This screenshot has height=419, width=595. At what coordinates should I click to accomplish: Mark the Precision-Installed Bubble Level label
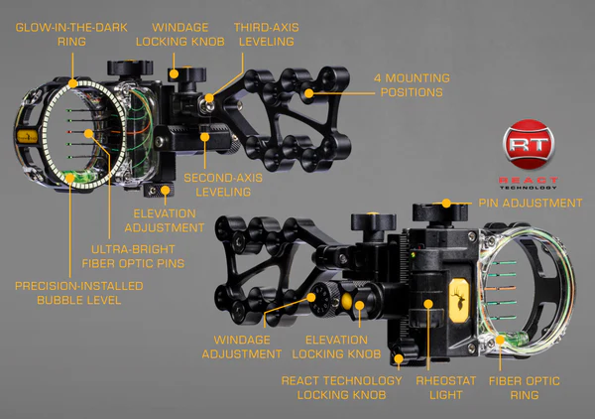(78, 293)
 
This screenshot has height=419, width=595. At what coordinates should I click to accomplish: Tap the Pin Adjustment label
(531, 204)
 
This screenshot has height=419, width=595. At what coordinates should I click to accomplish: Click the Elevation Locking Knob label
(336, 346)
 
